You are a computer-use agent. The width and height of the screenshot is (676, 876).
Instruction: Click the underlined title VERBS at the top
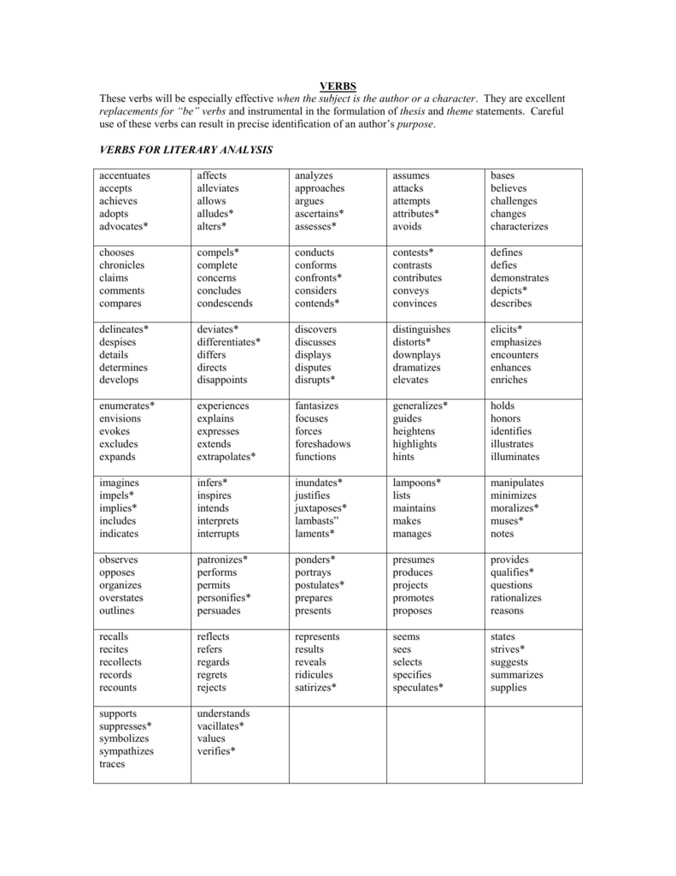coord(338,86)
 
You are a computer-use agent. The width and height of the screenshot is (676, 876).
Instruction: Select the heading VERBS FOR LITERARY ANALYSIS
coord(186,150)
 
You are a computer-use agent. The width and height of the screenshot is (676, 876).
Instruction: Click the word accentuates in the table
coord(124,175)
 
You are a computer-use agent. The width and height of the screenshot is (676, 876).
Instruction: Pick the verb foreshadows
coord(322,444)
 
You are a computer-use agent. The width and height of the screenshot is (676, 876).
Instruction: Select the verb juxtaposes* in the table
coord(320,508)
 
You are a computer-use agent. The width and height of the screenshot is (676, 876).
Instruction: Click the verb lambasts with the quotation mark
coord(317,521)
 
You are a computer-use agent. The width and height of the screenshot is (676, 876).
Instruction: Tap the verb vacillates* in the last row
coord(220,725)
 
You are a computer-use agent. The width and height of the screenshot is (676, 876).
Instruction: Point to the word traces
coord(112,764)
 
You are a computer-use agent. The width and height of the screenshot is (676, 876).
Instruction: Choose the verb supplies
coord(508,688)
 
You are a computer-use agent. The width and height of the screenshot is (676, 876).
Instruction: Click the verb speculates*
coord(418,688)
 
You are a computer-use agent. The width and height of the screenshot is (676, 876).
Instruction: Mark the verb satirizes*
coord(315,688)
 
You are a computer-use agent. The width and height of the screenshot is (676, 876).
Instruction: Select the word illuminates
coord(514,457)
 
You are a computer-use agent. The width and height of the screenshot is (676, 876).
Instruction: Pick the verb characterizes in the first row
coord(519,227)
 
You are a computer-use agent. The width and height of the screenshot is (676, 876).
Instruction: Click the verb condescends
coord(225,304)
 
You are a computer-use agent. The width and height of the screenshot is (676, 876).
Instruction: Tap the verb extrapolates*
coord(226,457)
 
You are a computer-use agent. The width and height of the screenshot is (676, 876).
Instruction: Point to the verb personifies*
coord(224,598)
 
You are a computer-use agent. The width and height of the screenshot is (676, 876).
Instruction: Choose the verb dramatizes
coord(417,367)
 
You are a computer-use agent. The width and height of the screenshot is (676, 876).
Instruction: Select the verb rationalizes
coord(515,598)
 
